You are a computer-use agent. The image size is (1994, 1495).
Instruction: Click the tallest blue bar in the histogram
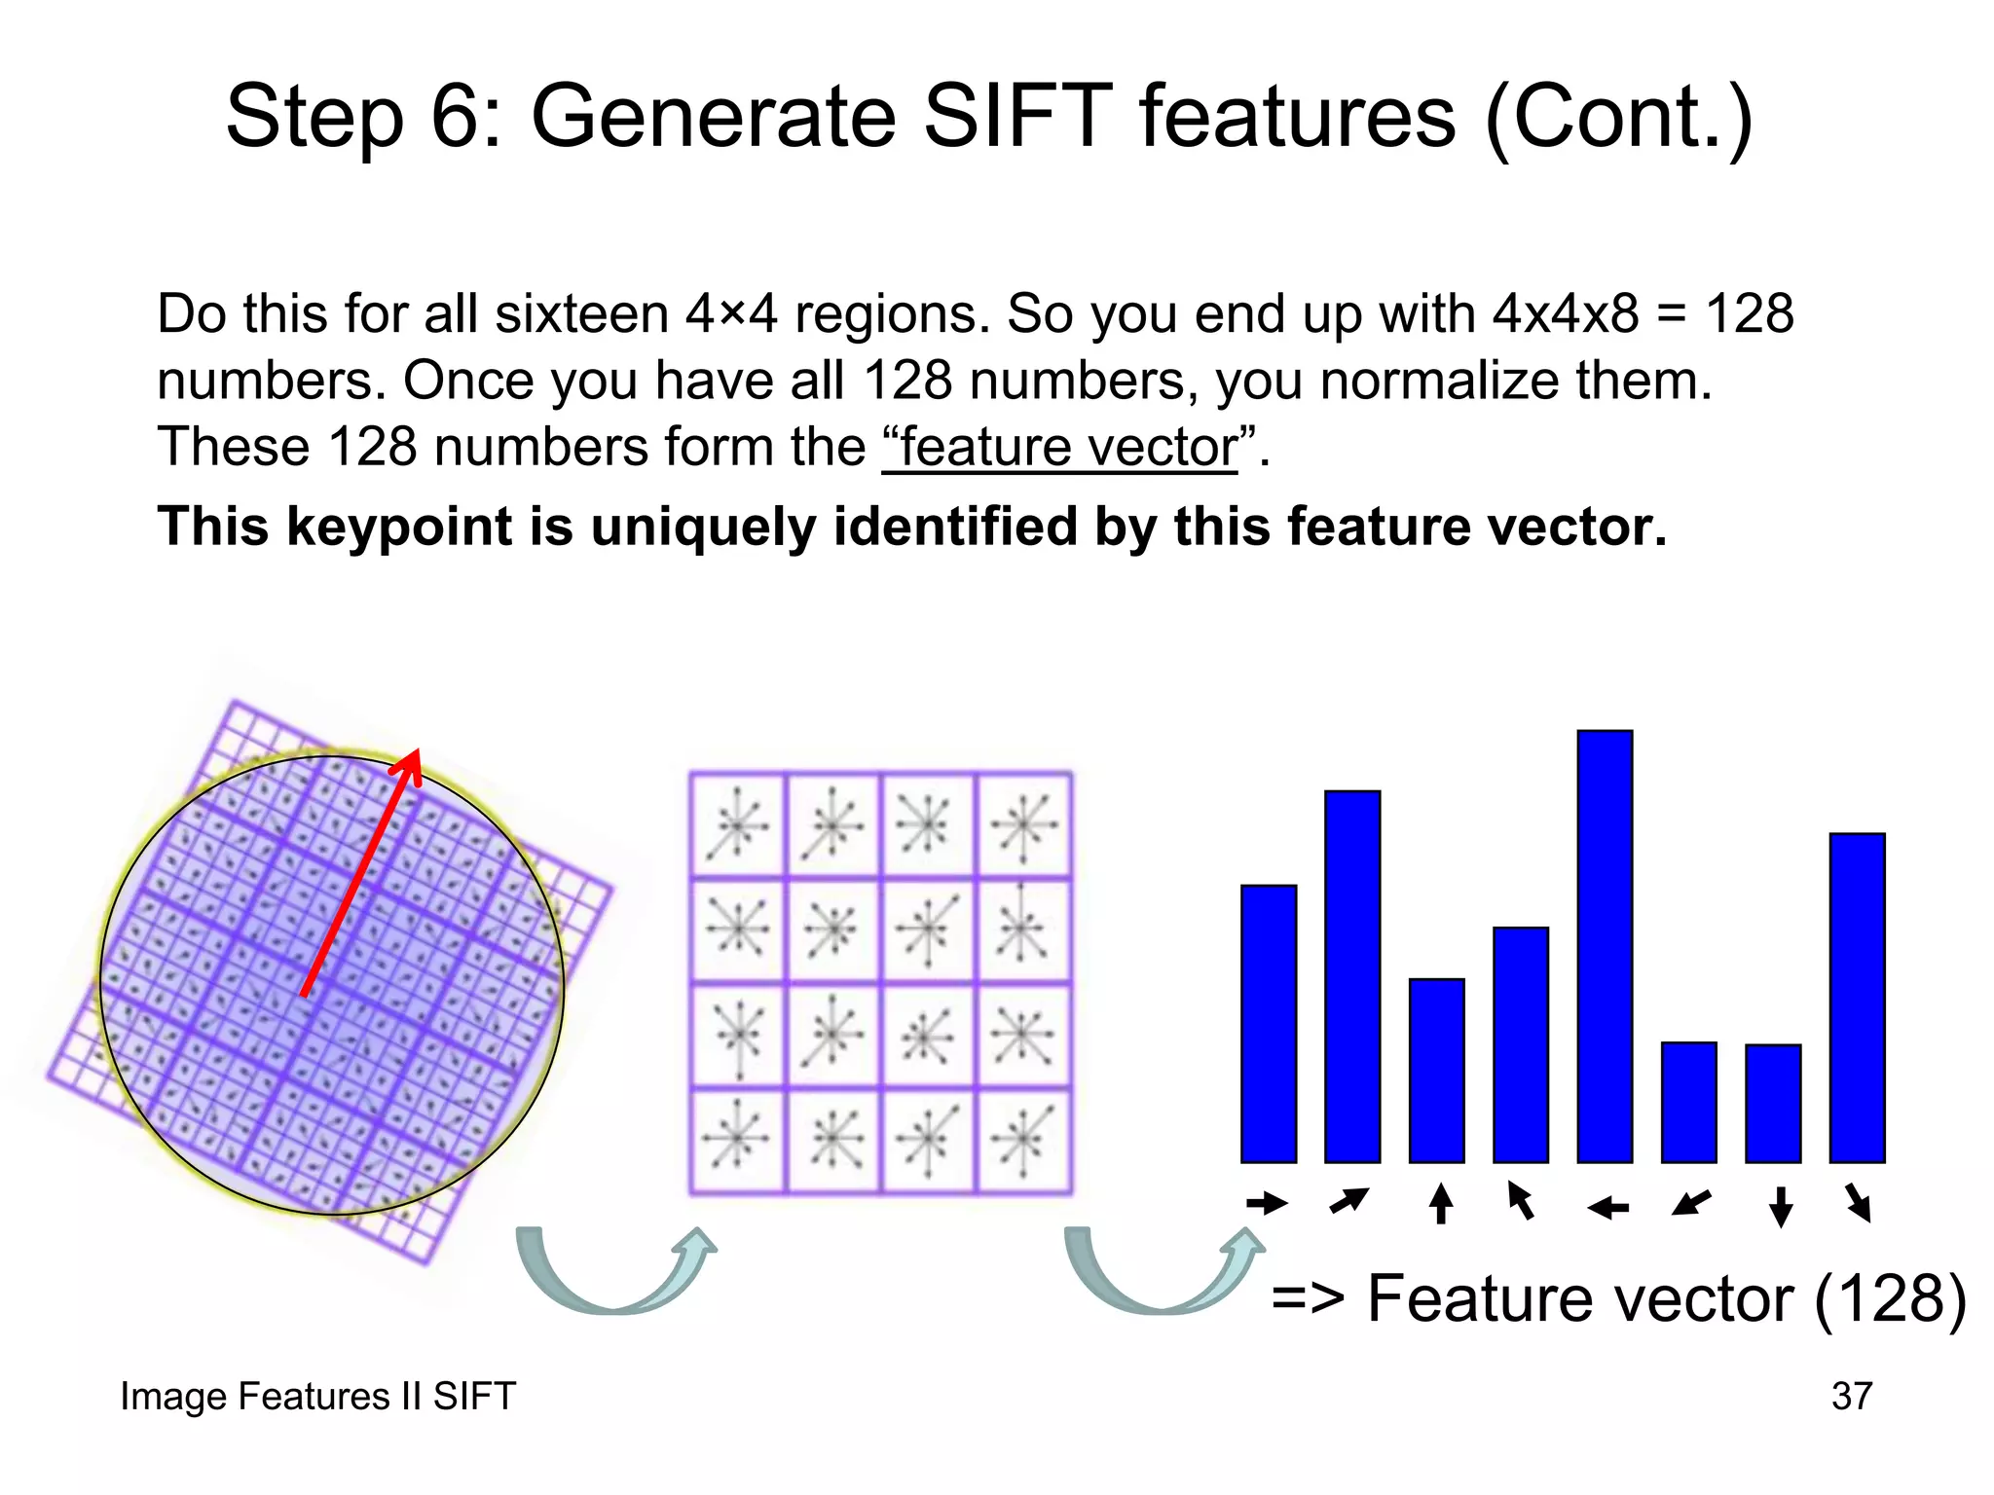point(1605,946)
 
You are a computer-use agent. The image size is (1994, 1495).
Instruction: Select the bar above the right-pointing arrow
point(1269,1024)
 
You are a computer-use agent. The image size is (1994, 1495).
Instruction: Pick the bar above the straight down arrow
point(1773,1103)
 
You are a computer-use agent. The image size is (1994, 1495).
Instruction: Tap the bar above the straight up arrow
point(1436,1071)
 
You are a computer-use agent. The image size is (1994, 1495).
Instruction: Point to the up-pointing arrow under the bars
point(1441,1204)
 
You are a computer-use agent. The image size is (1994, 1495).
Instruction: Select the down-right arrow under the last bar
point(1859,1203)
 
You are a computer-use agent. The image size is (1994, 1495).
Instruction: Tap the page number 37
point(1851,1396)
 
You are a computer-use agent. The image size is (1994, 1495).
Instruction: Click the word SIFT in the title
point(1016,117)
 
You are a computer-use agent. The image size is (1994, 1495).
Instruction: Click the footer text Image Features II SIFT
point(317,1396)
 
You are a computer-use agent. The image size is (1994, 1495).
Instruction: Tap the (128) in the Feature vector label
point(1889,1298)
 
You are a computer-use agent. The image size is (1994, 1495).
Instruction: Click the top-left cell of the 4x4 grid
point(737,824)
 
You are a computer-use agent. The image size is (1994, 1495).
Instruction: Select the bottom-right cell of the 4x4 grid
point(1023,1141)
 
